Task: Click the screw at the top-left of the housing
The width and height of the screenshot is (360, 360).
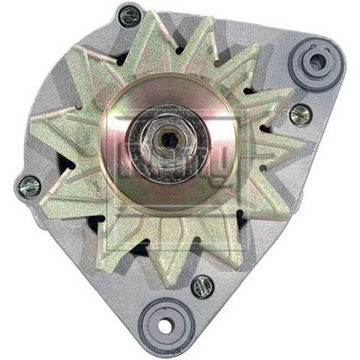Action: (130, 15)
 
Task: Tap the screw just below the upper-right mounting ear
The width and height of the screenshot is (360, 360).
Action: (300, 114)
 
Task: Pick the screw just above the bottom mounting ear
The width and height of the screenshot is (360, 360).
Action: (201, 286)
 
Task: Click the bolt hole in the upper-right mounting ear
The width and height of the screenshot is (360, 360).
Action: (318, 62)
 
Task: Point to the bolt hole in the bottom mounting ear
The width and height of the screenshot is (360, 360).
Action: (166, 325)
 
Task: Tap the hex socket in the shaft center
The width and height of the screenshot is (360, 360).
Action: (169, 139)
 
